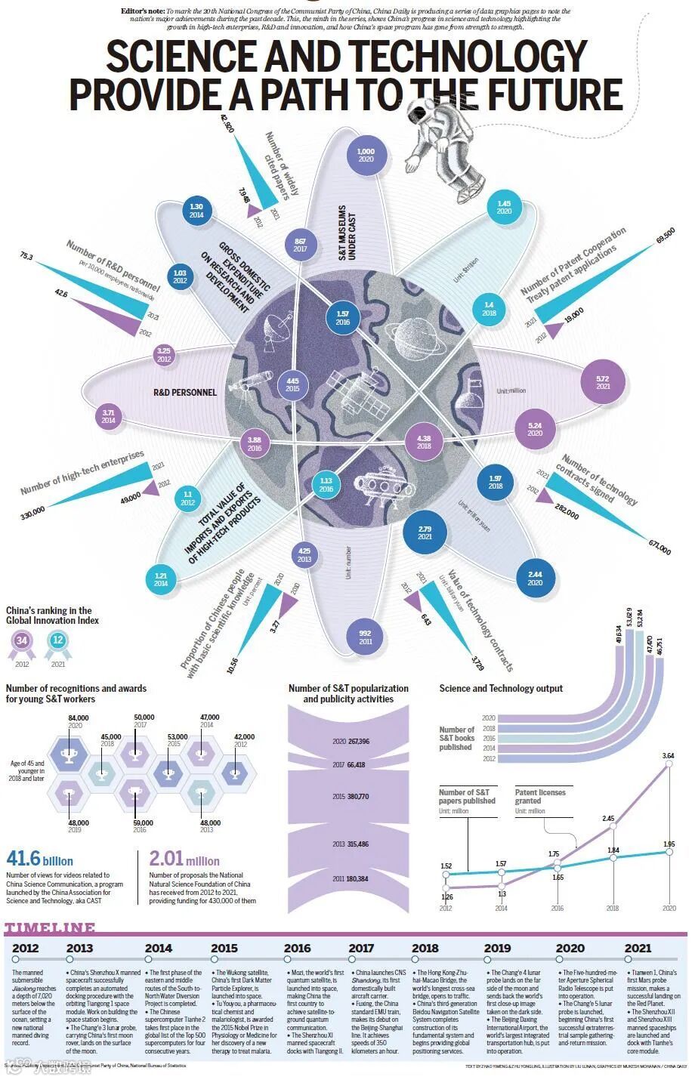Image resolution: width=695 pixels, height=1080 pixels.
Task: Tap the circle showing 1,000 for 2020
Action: click(366, 155)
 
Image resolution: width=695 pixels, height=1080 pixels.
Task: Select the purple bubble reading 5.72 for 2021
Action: click(603, 381)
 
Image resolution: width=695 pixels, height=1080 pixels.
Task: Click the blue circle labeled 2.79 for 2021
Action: click(425, 532)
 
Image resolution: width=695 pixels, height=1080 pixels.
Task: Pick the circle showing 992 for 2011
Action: click(366, 637)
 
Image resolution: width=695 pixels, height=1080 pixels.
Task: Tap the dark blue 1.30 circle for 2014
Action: click(196, 211)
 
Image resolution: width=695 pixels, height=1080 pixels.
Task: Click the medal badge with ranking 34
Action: click(22, 642)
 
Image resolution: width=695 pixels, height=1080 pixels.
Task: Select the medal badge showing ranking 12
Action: click(57, 642)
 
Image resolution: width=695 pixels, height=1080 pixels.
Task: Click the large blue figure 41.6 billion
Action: click(39, 859)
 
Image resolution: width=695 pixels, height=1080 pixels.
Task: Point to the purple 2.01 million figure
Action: click(184, 859)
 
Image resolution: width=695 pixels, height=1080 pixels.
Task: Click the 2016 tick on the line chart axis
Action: click(557, 909)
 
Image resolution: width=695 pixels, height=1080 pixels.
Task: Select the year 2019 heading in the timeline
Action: click(497, 948)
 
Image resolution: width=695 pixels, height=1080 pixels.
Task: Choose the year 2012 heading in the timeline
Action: click(26, 948)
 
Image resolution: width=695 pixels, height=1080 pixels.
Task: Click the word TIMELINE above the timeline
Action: click(50, 928)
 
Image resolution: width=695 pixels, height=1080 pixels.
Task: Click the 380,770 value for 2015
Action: click(355, 796)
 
